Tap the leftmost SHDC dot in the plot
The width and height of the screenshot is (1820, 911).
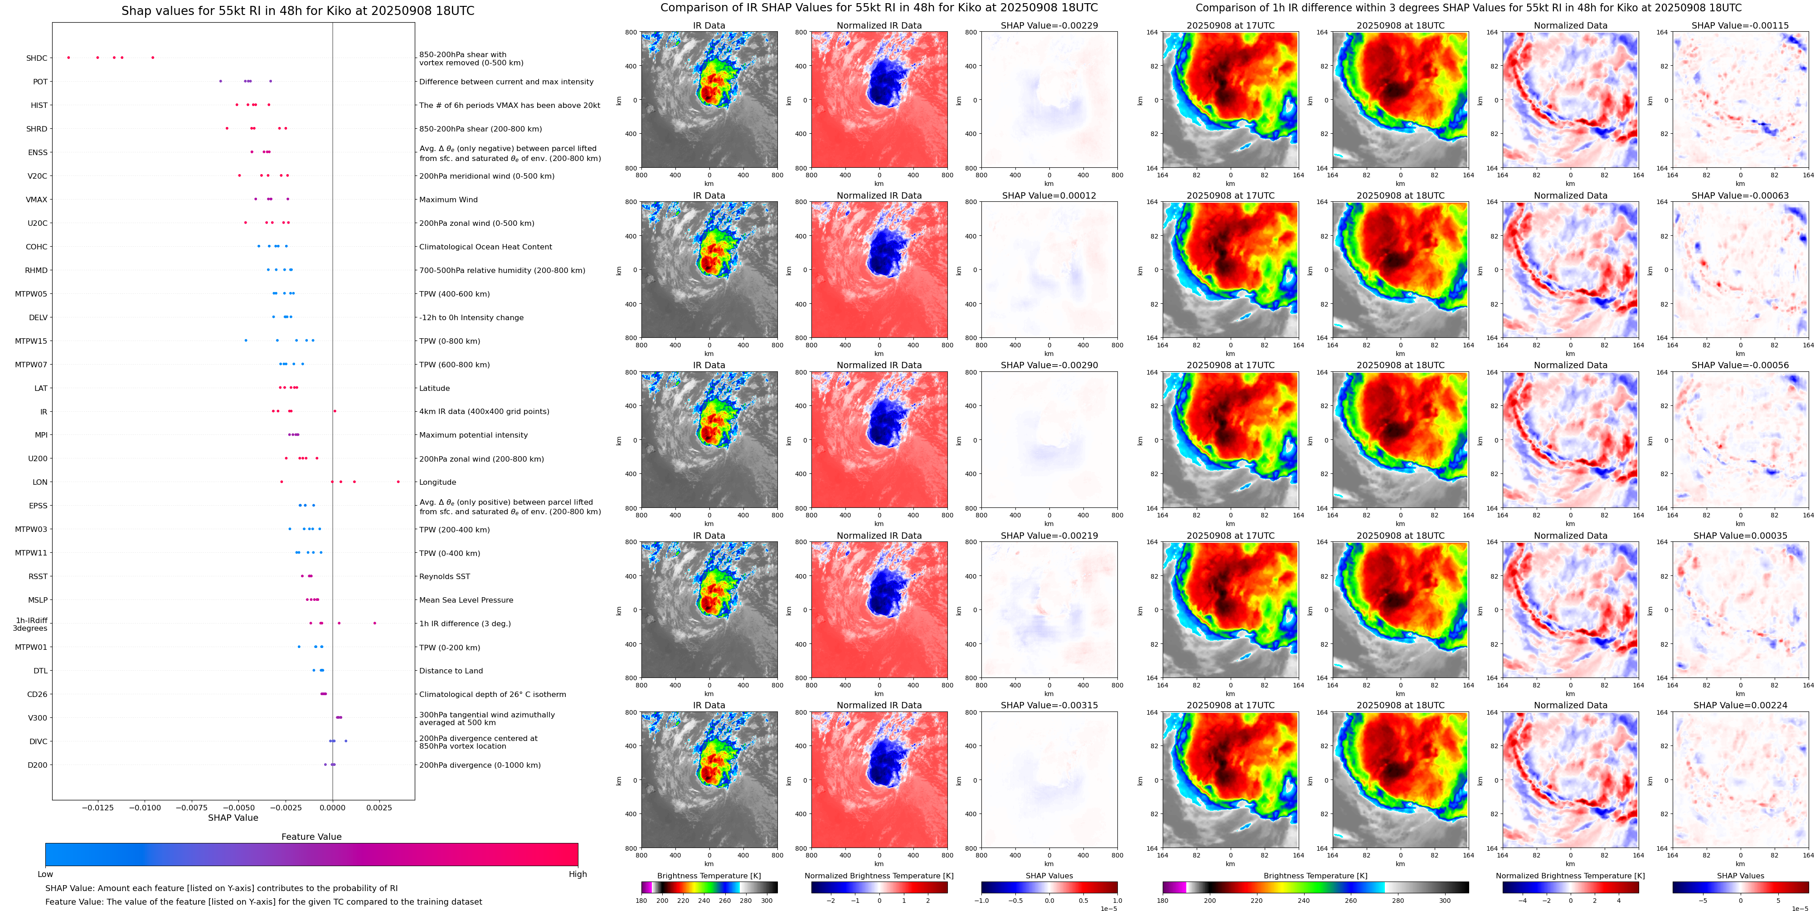(x=68, y=57)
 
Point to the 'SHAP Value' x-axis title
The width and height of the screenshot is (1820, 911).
(x=233, y=818)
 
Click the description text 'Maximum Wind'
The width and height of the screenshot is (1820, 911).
(x=448, y=200)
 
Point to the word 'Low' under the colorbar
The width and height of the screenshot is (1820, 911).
(x=45, y=874)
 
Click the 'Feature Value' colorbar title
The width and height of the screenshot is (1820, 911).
(x=311, y=837)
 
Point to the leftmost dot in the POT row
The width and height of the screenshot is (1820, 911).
(x=220, y=81)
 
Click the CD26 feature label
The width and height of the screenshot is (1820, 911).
(x=37, y=695)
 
